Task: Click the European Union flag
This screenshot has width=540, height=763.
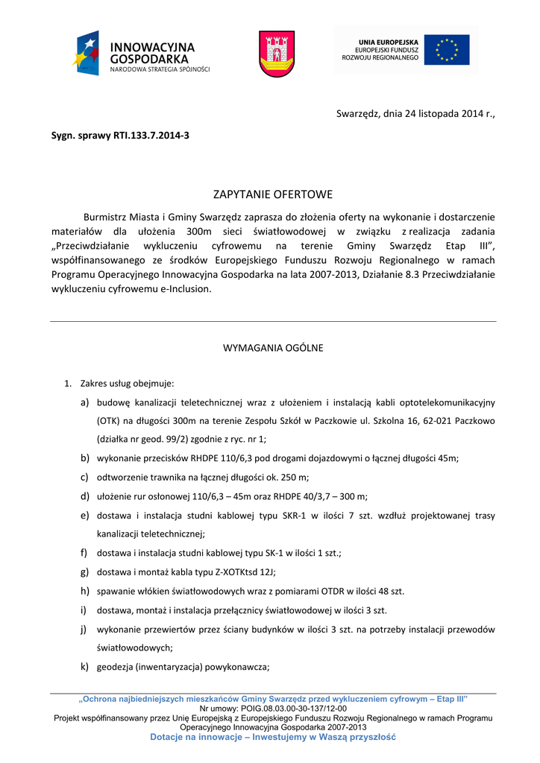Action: coord(447,50)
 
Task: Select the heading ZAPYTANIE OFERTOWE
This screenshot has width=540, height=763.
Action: coord(273,195)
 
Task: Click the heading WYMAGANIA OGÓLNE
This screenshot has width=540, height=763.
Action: coord(273,348)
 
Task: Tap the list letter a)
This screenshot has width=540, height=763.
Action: coord(86,403)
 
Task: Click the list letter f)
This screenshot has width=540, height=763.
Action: coord(85,553)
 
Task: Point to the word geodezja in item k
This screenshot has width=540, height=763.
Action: coord(118,667)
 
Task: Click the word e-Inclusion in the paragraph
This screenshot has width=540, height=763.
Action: coord(185,290)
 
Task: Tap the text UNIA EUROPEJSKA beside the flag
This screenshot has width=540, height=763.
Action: coord(388,42)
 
